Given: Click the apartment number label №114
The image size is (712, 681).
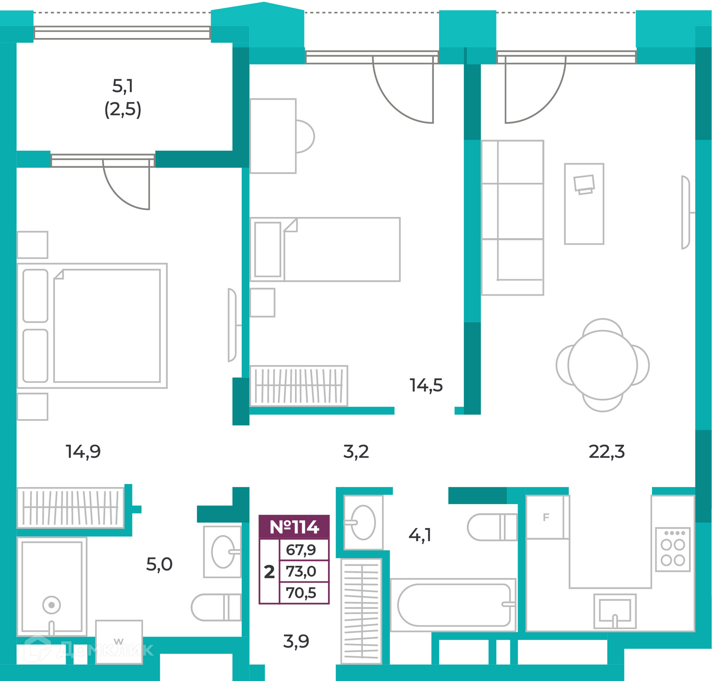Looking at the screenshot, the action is [294, 527].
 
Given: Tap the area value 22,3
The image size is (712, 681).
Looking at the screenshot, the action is [607, 452].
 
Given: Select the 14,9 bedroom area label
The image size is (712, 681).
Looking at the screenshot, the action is [83, 452].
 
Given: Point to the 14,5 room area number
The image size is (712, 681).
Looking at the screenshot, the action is [426, 385].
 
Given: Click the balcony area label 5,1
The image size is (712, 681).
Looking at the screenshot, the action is [123, 86].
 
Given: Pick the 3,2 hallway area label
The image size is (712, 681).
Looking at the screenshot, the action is [356, 452].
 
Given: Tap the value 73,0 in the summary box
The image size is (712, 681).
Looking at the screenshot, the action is [301, 571].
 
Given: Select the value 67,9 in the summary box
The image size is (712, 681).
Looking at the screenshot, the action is [301, 550].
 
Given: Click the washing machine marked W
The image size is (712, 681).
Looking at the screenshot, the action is [119, 642].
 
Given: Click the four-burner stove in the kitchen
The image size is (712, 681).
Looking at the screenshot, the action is [673, 549].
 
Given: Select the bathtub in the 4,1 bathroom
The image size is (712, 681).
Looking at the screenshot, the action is [453, 605].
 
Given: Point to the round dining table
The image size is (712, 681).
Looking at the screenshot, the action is [603, 365].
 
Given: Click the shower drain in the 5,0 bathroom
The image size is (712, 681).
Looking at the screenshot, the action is [52, 605].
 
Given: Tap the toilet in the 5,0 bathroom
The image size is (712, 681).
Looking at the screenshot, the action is [216, 608].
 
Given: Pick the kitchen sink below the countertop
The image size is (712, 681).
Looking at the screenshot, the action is [615, 611].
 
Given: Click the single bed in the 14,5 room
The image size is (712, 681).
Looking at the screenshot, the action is [325, 250].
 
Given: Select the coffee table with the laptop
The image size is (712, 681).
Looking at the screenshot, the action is [584, 204].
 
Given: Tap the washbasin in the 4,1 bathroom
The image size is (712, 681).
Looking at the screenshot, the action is [363, 522].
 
